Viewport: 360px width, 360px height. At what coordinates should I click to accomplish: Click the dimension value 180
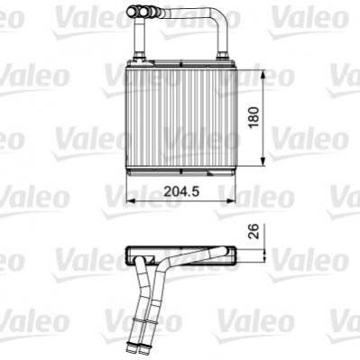coord(254,117)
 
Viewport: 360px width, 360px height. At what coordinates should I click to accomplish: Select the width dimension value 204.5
coord(181,191)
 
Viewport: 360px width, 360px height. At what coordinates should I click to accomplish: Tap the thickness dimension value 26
coord(254,231)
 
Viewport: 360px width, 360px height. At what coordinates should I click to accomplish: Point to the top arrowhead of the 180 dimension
coord(263,74)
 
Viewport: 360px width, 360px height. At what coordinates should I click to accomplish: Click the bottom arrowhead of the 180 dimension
coord(263,162)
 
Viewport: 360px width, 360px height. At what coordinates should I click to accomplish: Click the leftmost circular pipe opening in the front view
coord(133,12)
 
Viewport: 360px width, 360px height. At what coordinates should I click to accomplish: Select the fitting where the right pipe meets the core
coord(222,56)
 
